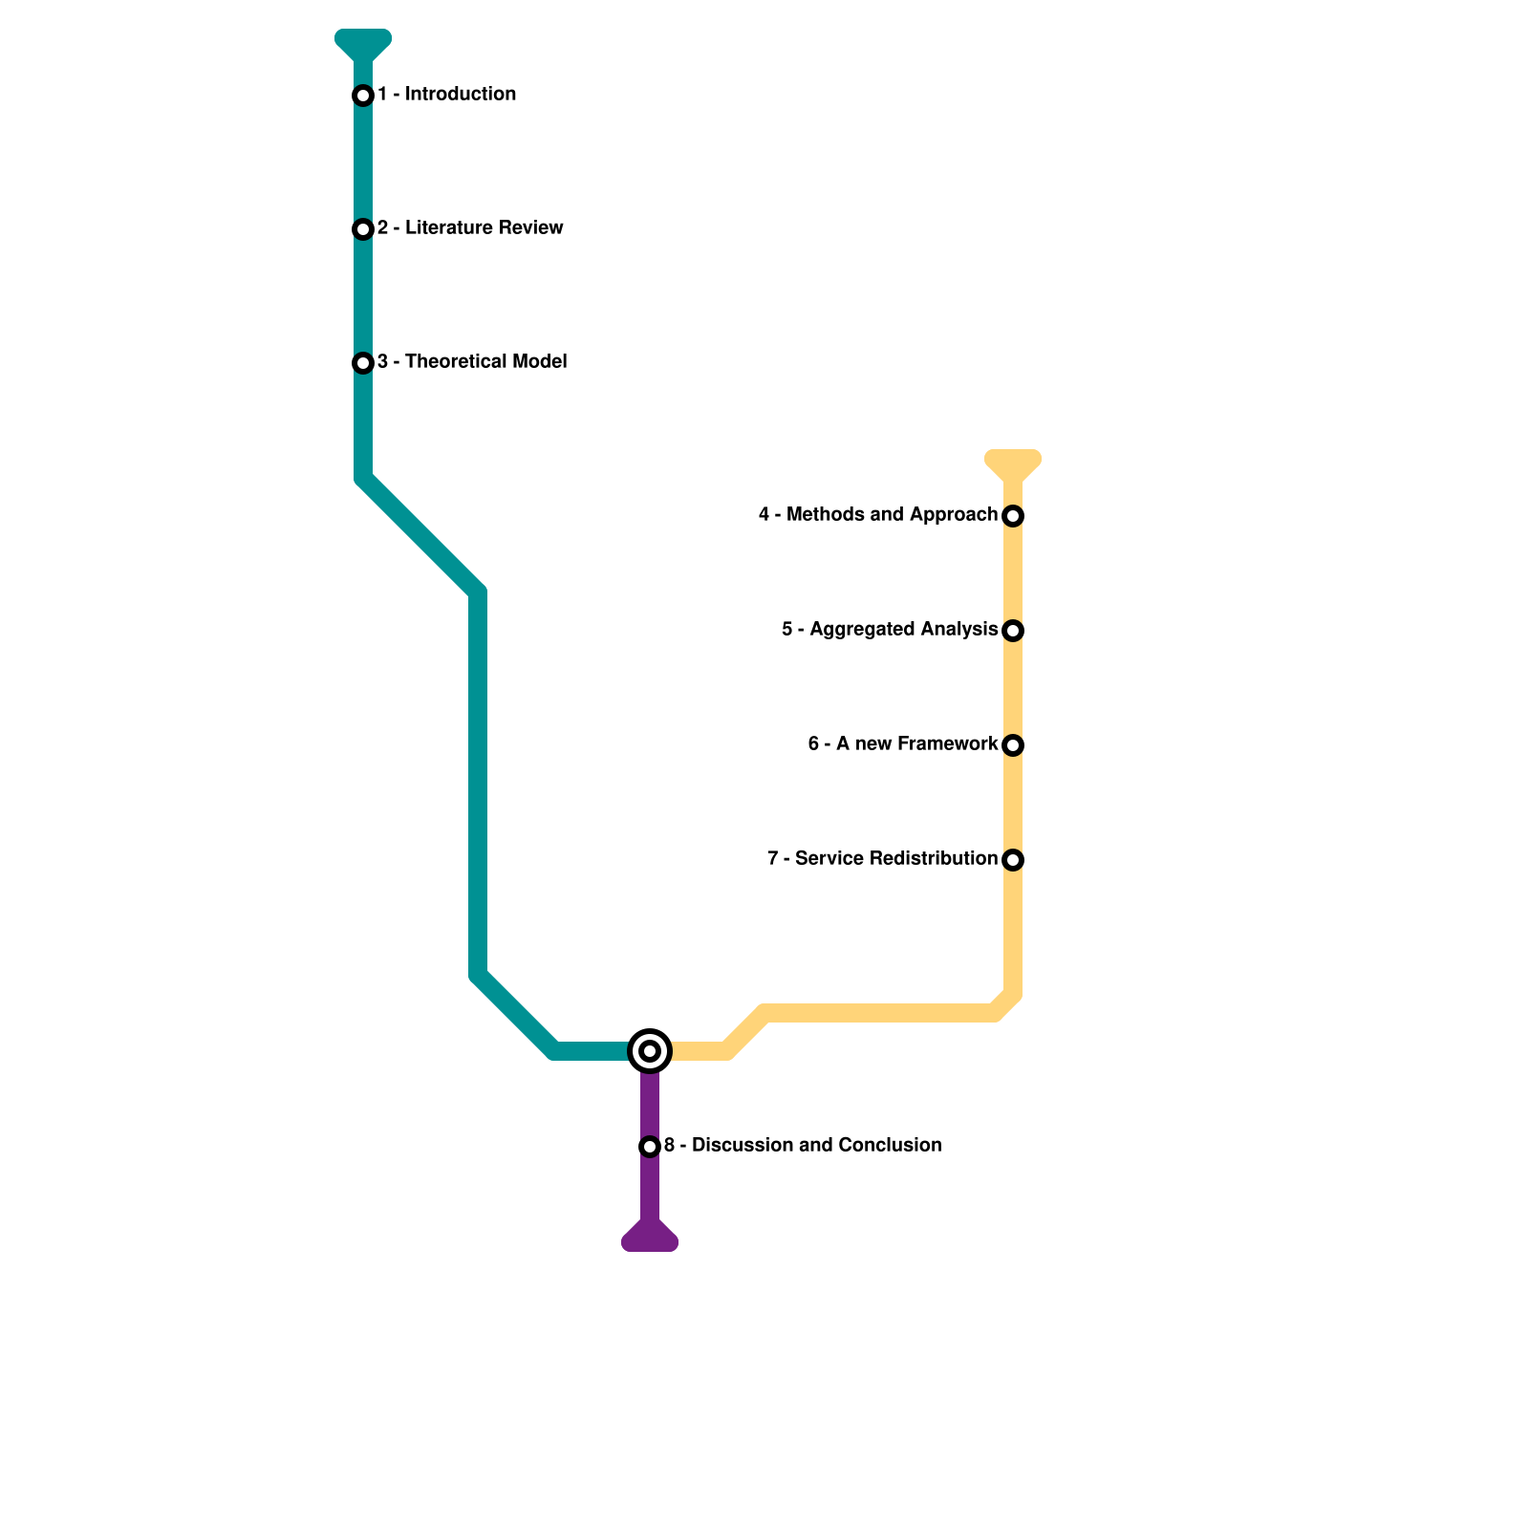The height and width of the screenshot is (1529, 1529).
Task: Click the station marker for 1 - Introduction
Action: pos(363,96)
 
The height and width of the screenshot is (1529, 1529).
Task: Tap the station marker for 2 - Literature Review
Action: pos(363,229)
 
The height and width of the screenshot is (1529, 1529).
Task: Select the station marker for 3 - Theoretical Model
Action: pos(363,363)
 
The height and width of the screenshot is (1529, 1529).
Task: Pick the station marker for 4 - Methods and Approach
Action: pos(1013,516)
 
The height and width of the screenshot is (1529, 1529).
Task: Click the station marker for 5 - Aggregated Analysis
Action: pos(1013,631)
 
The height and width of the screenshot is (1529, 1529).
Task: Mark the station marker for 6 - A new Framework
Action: pos(1013,745)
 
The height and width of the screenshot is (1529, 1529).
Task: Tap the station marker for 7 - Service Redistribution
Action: pos(1013,860)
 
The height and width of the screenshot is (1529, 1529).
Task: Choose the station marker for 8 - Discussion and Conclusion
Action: pos(650,1146)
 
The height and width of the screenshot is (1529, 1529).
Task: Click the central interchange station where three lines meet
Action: pos(650,1051)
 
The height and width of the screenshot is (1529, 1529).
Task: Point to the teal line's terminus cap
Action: pos(363,41)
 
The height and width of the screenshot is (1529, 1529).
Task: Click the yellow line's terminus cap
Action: pos(1013,462)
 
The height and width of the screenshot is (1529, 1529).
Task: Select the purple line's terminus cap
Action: pos(650,1239)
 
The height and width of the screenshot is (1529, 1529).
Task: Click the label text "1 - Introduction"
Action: pos(446,95)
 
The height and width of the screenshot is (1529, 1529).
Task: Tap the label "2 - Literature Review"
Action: pos(469,228)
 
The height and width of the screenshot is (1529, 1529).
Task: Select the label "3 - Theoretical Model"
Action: pos(471,362)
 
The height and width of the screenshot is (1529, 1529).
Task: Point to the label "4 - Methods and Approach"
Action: pos(877,515)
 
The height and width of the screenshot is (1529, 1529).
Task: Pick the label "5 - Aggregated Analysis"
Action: pos(889,630)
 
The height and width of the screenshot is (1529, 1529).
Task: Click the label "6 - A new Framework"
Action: pos(902,744)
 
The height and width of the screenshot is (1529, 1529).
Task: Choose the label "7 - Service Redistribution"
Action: pos(881,859)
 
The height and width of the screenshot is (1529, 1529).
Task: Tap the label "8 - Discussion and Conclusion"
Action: pos(802,1146)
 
